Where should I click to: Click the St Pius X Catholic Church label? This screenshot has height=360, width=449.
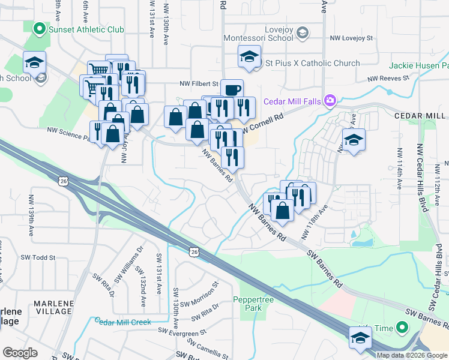312,63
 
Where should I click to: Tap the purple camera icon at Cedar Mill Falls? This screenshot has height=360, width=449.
330,100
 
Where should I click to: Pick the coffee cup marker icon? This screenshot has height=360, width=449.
232,90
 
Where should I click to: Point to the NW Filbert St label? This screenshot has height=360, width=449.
198,84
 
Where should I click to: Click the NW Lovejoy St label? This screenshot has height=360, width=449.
351,38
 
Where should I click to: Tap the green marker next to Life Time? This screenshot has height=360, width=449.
403,328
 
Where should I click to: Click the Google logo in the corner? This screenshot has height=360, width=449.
20,352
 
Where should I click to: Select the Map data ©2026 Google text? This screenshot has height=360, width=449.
411,355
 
